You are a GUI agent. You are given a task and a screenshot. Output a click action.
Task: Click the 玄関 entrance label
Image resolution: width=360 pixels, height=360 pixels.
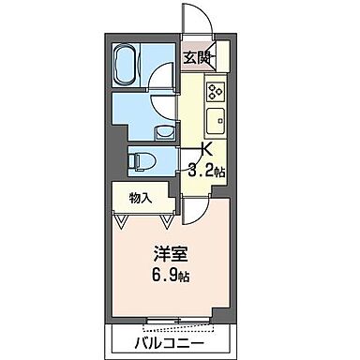194,55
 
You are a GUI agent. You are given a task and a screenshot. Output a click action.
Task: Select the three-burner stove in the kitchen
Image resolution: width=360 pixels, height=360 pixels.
216,92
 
